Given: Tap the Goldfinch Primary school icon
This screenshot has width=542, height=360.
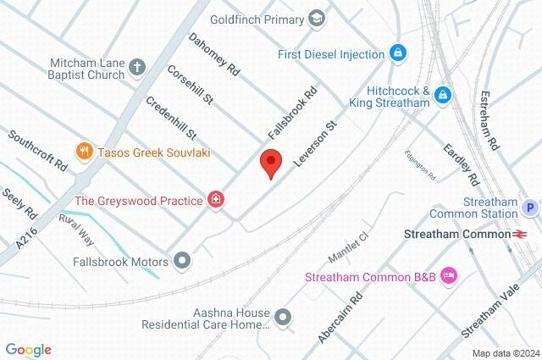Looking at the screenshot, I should tap(316, 17).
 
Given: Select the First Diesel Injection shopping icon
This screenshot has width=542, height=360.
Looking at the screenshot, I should tap(396, 53).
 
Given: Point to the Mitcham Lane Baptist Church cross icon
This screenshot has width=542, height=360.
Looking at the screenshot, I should tap(137, 68).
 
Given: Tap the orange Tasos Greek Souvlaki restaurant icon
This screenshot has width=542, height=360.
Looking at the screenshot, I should tap(83, 152).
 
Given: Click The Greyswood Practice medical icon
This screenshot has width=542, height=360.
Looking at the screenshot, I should tap(217, 201).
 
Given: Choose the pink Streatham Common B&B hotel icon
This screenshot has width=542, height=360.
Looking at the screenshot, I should tap(449, 275).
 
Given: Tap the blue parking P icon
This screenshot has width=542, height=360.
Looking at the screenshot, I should tap(530, 207).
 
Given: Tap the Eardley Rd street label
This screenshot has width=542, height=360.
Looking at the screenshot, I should tap(462, 165).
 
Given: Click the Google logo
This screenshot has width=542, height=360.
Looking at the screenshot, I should tap(28, 350).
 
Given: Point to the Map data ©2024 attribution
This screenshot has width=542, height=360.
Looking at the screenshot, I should tap(505, 353).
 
